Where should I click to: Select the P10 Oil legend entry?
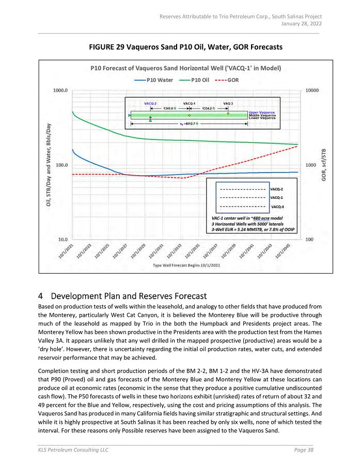(198, 80)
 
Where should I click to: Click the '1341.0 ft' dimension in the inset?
(169, 108)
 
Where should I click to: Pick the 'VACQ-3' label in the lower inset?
(277, 207)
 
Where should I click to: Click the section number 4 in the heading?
(40, 296)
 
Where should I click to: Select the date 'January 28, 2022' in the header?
(301, 23)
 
